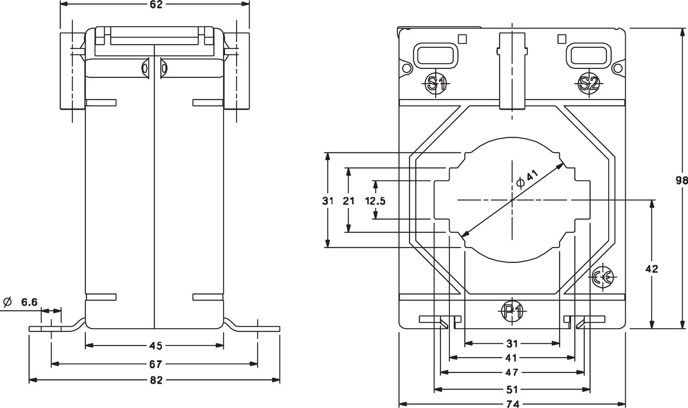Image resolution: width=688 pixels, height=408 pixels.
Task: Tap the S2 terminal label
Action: point(588,83)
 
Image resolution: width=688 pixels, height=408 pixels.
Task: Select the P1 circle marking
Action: point(512,312)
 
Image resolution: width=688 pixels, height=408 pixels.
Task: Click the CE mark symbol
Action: point(602,277)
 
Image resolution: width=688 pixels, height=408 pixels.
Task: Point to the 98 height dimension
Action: point(682,180)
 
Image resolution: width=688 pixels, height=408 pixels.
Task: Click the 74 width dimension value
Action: point(512,404)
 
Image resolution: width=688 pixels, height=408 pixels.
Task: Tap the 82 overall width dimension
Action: point(156,380)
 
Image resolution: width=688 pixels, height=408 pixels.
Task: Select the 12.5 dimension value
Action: point(375,201)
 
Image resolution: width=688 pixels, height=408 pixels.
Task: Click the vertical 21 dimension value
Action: point(349,201)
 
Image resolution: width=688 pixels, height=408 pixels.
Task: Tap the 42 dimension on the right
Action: point(651,269)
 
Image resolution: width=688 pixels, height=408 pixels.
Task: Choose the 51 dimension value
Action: point(512,390)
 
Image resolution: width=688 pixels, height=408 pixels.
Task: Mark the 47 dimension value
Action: point(512,372)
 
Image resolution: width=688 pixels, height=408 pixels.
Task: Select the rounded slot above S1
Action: point(436,55)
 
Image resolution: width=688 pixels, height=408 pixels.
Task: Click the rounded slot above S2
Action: point(589,55)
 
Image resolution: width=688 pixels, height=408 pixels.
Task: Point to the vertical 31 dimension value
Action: point(327,201)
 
